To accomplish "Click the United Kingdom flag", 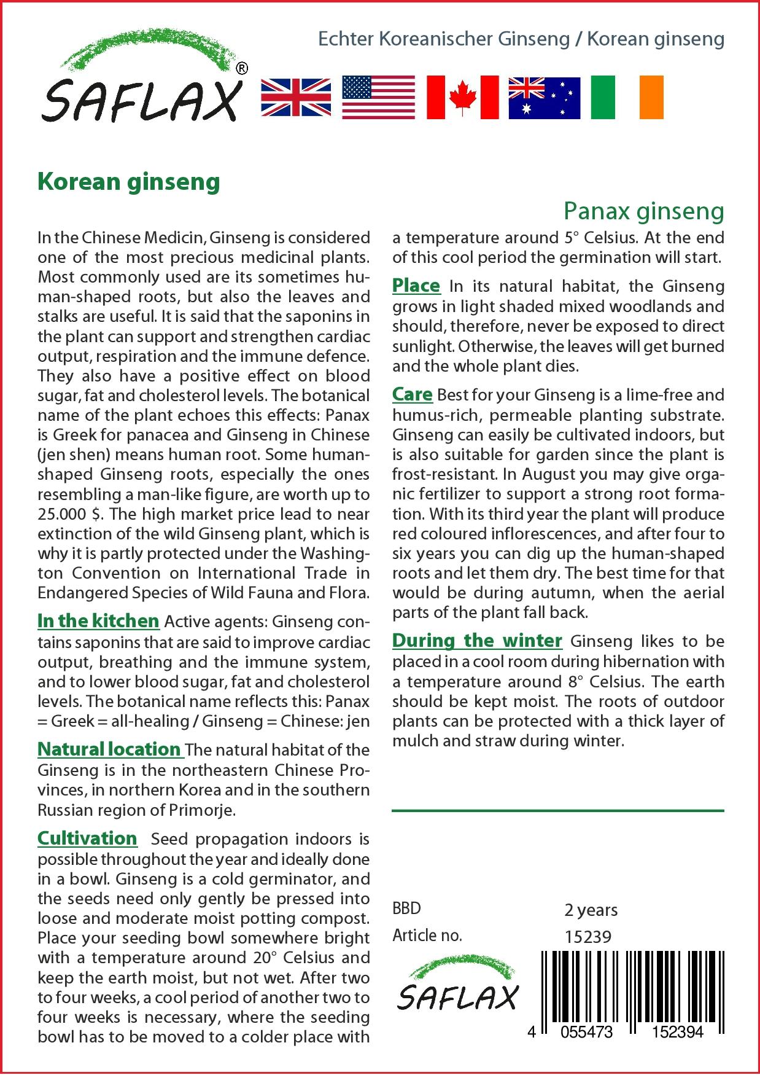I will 296,98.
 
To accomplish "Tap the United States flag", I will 378,98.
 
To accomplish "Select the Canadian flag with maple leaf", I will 462,98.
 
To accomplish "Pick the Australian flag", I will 544,98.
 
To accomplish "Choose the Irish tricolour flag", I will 627,98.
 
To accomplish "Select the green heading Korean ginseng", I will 129,182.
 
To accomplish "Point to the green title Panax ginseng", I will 644,211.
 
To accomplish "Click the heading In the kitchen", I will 98,621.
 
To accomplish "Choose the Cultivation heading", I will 87,838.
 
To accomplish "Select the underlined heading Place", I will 416,286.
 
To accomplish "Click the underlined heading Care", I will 412,394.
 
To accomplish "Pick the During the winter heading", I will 477,641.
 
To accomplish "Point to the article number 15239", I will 587,937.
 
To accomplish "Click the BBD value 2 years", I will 591,910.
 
